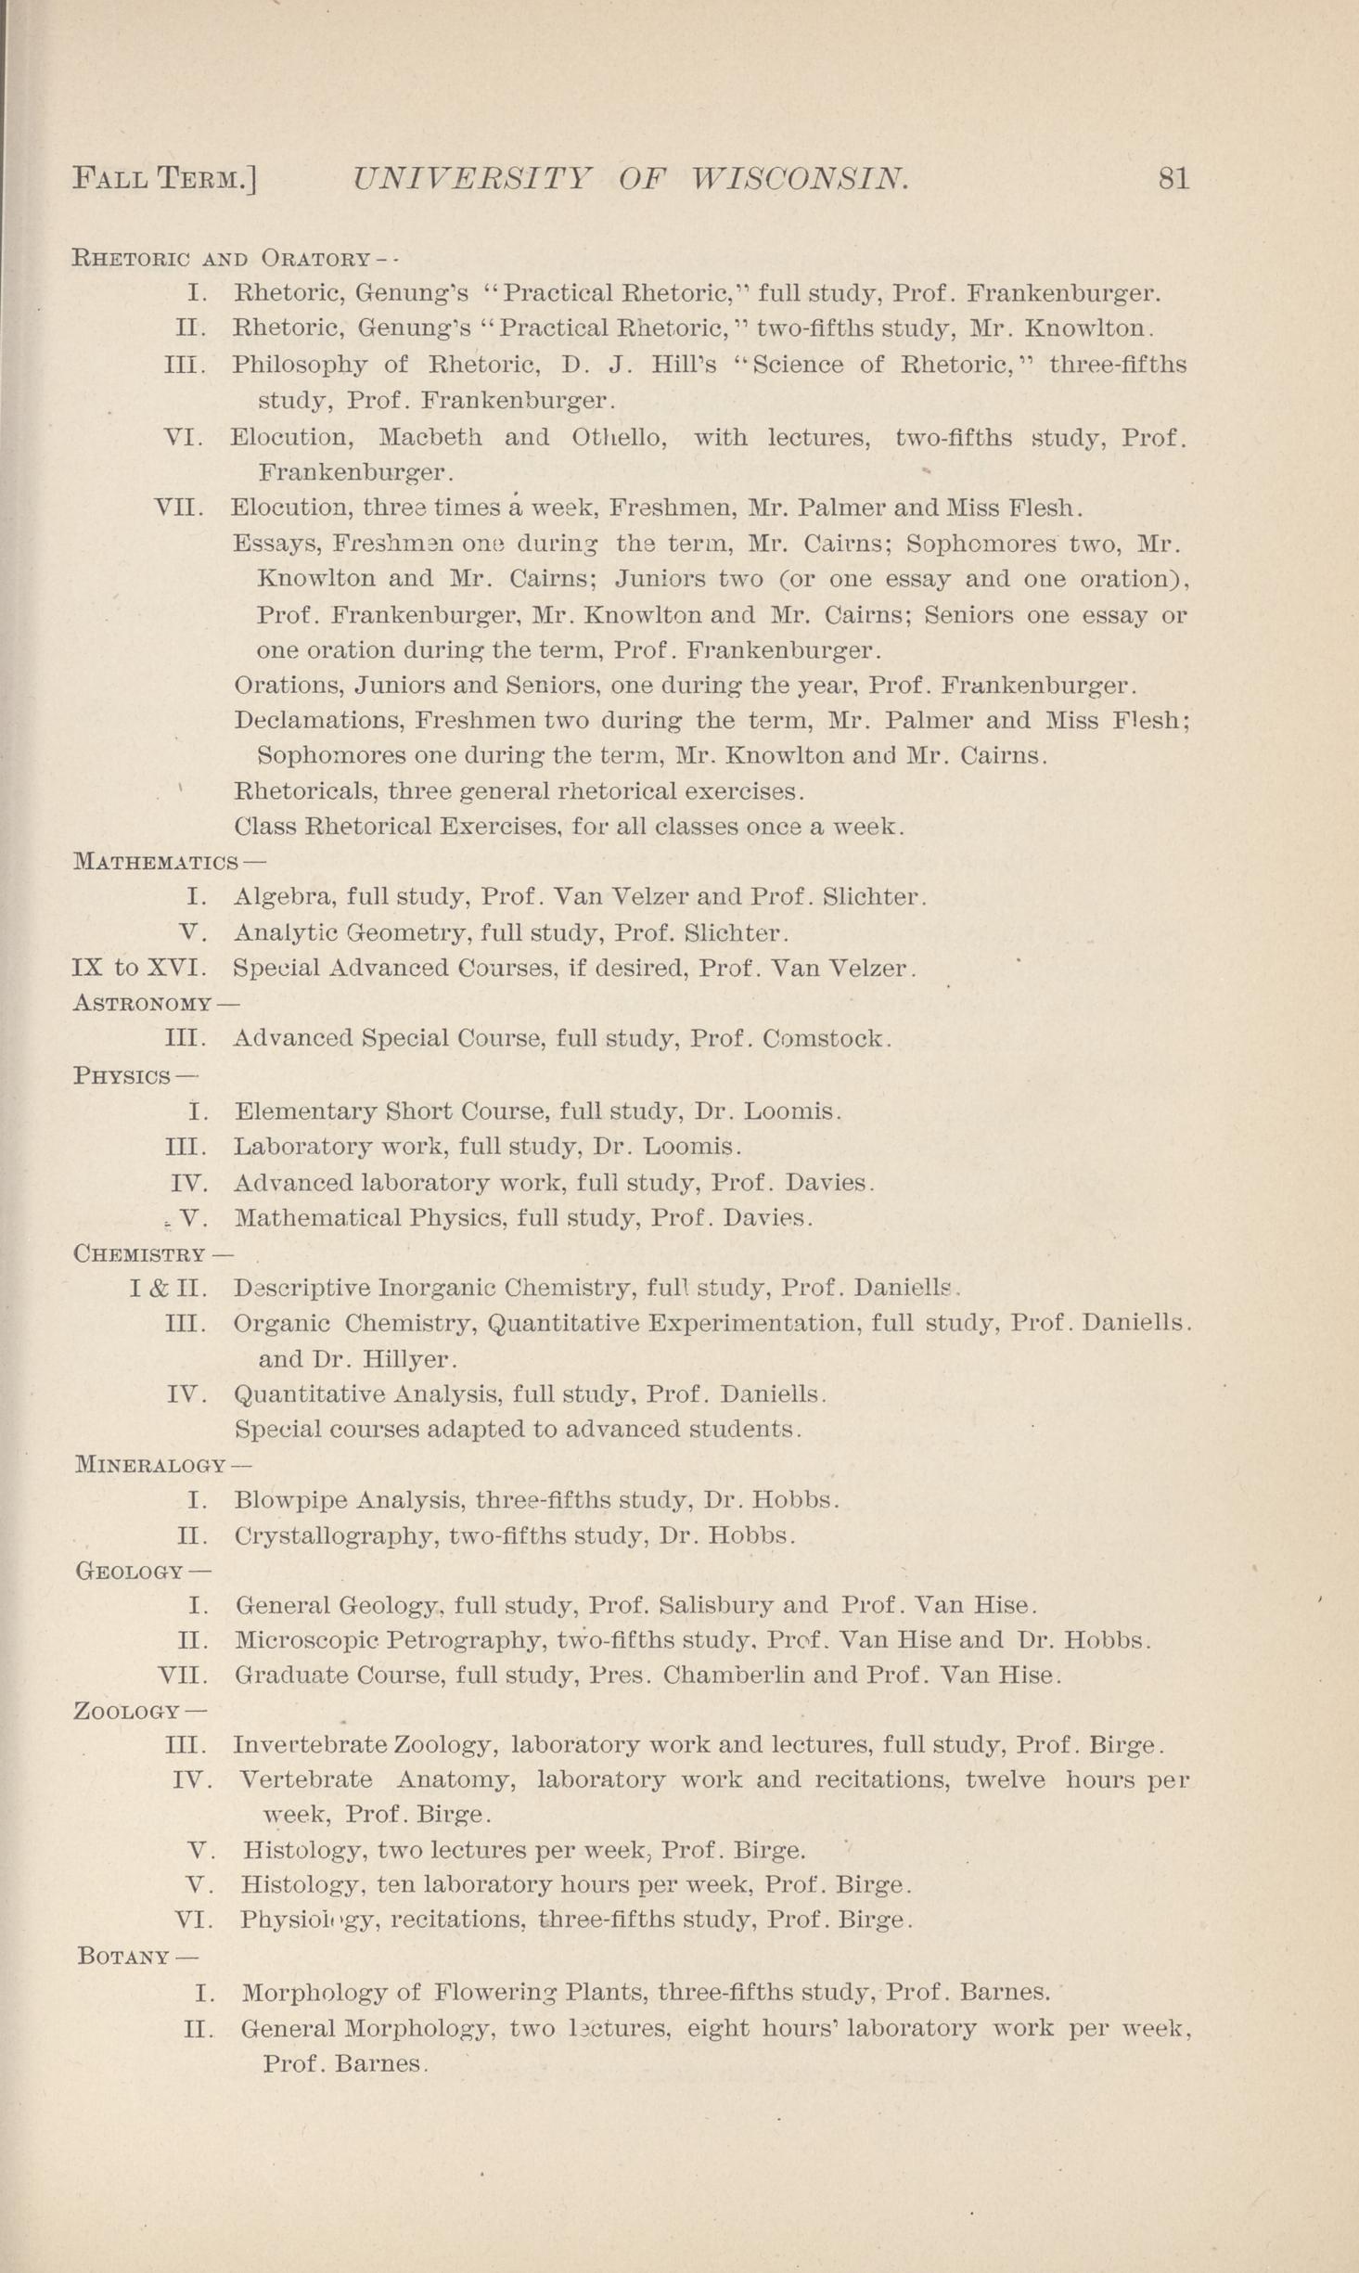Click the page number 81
1173,177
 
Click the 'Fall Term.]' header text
164,177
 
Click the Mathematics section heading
155,862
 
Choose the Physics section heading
122,1076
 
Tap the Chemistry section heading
139,1254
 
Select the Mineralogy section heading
150,1465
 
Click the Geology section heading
130,1572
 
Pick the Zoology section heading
126,1711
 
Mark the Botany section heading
124,1957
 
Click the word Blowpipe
290,1500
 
